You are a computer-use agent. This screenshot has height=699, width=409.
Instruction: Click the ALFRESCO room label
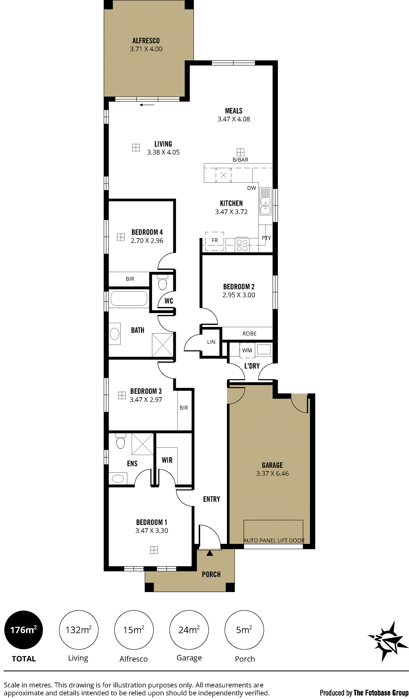[x=146, y=41]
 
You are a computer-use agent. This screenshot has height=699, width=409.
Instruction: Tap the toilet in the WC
[x=162, y=282]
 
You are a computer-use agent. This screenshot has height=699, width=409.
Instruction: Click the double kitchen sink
[x=265, y=201]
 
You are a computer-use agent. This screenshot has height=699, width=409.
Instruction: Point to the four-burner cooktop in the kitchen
[x=242, y=245]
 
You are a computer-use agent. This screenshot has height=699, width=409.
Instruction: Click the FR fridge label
[x=215, y=240]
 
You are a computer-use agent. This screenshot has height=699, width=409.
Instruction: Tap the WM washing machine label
[x=247, y=350]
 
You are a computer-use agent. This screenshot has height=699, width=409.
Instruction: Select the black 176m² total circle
[x=24, y=630]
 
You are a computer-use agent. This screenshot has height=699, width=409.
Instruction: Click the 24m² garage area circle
[x=189, y=630]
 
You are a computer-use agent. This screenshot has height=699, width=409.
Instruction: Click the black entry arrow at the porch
[x=210, y=553]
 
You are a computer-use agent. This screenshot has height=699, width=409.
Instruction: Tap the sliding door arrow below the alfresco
[x=147, y=105]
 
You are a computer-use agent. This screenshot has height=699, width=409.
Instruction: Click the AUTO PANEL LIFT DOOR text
[x=274, y=540]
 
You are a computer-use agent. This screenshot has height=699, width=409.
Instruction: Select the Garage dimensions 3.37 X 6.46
[x=272, y=473]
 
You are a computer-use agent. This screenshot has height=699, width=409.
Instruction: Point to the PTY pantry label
[x=266, y=238]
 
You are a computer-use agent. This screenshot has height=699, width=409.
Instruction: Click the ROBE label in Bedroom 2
[x=249, y=333]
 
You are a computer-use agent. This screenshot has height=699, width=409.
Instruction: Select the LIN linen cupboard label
[x=211, y=342]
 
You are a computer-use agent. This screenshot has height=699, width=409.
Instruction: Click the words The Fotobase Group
[x=381, y=693]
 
